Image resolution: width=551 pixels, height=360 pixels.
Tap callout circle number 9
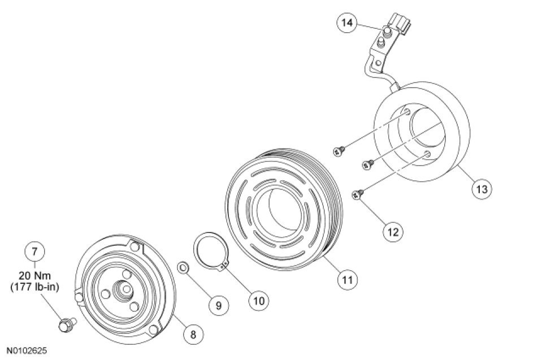tap(218, 305)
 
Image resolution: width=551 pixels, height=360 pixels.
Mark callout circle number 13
tap(481, 187)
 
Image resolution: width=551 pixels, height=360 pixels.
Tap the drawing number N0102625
tap(27, 350)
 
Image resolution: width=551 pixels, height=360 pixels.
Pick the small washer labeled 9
tap(183, 266)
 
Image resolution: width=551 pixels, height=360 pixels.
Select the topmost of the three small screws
tap(340, 150)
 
